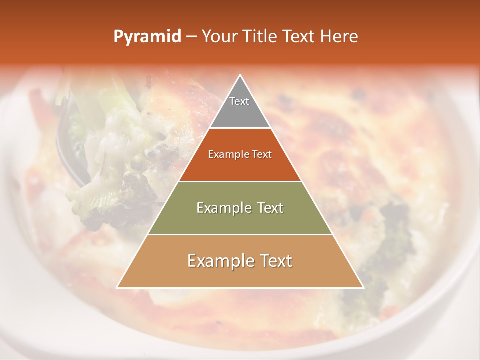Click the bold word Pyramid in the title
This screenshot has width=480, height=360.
tap(147, 37)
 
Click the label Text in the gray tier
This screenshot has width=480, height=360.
tap(239, 101)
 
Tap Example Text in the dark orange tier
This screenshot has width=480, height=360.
tap(240, 155)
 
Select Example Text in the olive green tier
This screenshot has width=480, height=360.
tap(240, 208)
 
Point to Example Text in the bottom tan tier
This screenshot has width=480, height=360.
tap(240, 261)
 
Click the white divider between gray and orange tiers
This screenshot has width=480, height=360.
tap(240, 128)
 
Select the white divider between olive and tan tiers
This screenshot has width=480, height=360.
tap(240, 234)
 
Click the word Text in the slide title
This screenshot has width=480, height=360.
tap(298, 37)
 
